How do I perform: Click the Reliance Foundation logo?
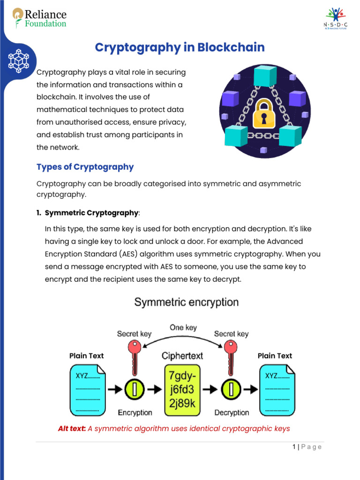pos(39,18)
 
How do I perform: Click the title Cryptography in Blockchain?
pos(180,47)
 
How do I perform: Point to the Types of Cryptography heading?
pos(85,167)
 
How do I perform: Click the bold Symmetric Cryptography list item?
pos(91,213)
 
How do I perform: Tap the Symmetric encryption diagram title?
pos(186,302)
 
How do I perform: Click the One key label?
pos(183,328)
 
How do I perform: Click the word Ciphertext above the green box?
pos(182,356)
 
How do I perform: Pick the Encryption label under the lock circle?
pos(135,412)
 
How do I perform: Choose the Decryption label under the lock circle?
pos(232,412)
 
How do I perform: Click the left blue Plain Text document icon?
pos(88,390)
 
